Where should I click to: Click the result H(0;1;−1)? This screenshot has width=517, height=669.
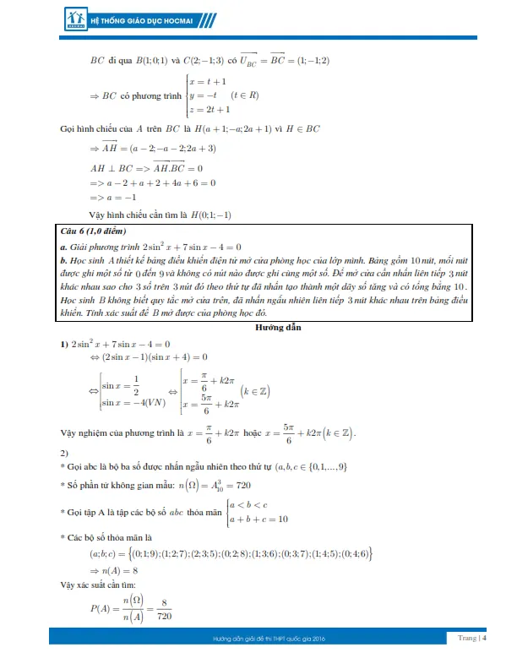tap(211, 214)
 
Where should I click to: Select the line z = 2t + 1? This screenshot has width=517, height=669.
tap(211, 110)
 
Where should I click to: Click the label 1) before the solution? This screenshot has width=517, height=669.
tap(63, 344)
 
